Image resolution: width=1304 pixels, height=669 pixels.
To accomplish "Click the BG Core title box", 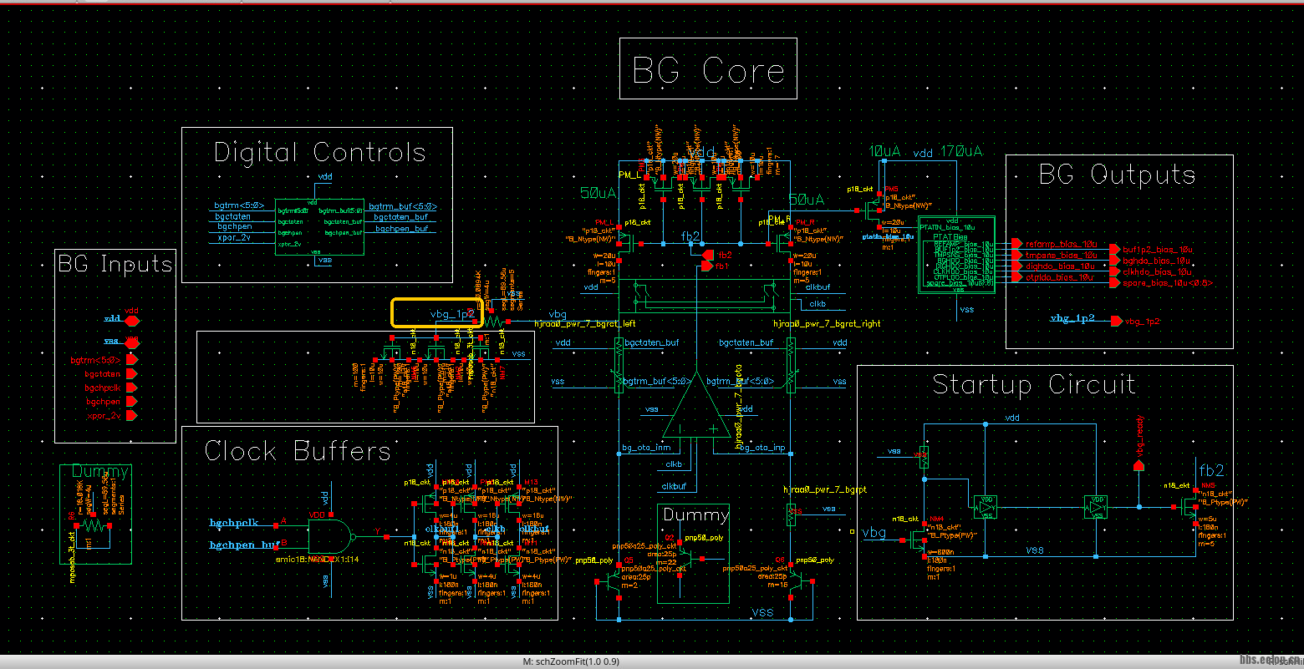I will [708, 69].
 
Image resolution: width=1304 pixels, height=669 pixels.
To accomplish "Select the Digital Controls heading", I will [319, 153].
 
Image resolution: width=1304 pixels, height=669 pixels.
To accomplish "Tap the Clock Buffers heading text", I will [298, 452].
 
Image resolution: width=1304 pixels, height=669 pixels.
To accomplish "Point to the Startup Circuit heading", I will [1034, 385].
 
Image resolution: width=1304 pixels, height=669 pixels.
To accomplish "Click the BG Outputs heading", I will [1117, 175].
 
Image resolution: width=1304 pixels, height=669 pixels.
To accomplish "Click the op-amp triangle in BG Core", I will [695, 409].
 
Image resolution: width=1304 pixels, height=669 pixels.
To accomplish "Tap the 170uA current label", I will [961, 152].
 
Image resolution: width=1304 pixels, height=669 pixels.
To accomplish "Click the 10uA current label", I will [884, 152].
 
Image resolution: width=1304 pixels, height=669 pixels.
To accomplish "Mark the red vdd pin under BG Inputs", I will [131, 320].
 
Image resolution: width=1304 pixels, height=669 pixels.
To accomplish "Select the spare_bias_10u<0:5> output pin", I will [1113, 283].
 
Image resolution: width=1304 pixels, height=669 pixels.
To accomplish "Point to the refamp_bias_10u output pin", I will [1016, 244].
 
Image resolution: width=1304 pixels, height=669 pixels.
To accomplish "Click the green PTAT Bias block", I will [956, 254].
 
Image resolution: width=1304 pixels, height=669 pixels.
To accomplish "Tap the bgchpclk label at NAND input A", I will [233, 524].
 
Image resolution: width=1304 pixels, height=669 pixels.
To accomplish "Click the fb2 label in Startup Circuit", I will [1211, 470].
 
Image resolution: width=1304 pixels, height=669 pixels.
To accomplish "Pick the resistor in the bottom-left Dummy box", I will [94, 525].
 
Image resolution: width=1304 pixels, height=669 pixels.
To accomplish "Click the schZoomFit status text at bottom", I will [571, 661].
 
